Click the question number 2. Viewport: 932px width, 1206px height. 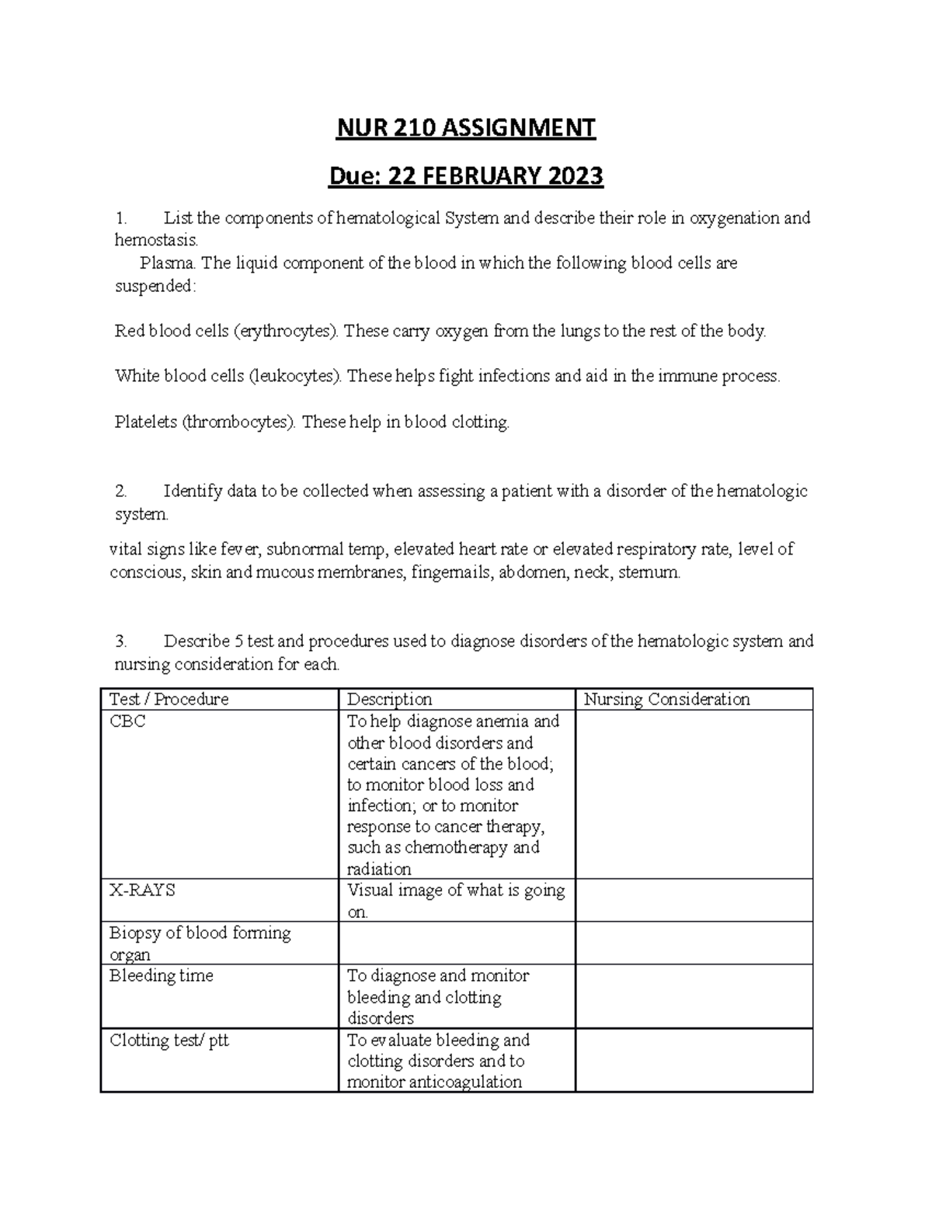coord(120,492)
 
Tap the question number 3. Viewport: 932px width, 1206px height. coord(120,641)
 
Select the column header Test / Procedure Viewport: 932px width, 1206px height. coord(169,700)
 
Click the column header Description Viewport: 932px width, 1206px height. coord(389,700)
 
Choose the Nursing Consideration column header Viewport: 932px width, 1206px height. coord(666,700)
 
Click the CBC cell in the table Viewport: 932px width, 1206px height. coord(127,721)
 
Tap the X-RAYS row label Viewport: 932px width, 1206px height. coord(142,891)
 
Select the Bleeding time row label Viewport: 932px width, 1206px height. coord(161,976)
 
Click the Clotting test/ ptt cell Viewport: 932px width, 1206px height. coord(169,1041)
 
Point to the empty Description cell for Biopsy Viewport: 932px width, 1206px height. coord(457,944)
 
